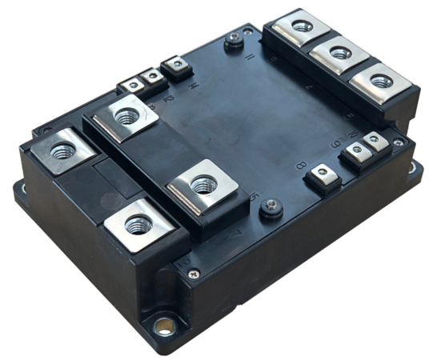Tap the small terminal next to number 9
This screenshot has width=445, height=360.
tap(353, 154)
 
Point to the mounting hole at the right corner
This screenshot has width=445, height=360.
tap(415, 170)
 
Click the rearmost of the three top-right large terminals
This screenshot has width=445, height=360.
tap(302, 26)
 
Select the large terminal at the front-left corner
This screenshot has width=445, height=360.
tap(138, 223)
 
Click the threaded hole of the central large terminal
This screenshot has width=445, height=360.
tap(203, 185)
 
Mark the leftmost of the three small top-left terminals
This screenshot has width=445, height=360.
tap(130, 86)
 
